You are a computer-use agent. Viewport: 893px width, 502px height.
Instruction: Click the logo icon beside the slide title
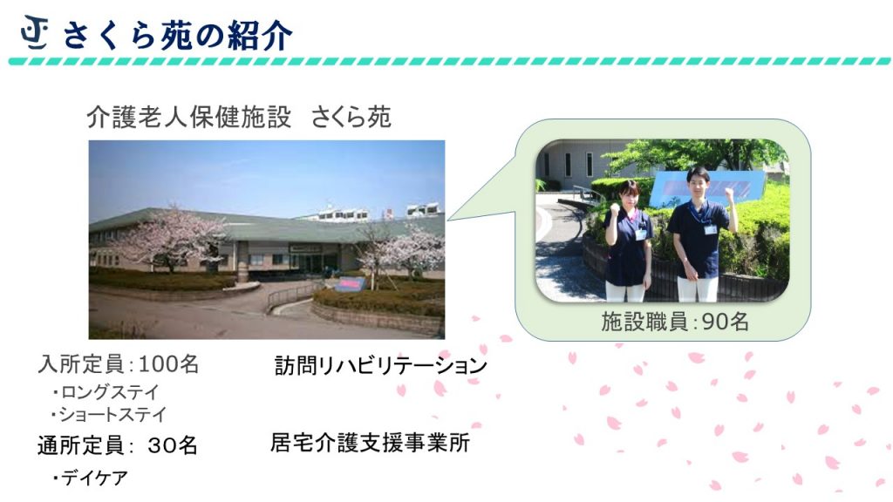[35, 33]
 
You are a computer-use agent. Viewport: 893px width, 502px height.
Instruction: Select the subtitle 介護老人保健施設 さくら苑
[239, 118]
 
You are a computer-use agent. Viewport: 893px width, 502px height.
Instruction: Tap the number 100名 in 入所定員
[168, 364]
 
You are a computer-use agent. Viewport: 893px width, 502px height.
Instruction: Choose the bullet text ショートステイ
[108, 414]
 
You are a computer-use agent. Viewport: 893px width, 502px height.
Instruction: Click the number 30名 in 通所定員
[173, 445]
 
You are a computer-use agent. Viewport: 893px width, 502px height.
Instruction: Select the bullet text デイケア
[90, 478]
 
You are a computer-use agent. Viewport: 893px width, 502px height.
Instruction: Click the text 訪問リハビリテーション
[381, 366]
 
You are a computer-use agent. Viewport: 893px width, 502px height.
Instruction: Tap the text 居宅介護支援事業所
[370, 443]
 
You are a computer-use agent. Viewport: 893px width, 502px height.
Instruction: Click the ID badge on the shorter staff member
[641, 234]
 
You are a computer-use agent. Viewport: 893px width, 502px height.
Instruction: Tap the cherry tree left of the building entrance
[168, 239]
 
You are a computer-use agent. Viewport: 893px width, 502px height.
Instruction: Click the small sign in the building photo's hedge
[349, 284]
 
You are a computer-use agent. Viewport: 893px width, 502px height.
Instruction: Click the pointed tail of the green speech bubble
[448, 219]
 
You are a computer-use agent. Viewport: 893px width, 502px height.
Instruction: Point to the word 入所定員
[81, 364]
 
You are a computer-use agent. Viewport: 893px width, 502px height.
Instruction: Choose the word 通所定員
[81, 445]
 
